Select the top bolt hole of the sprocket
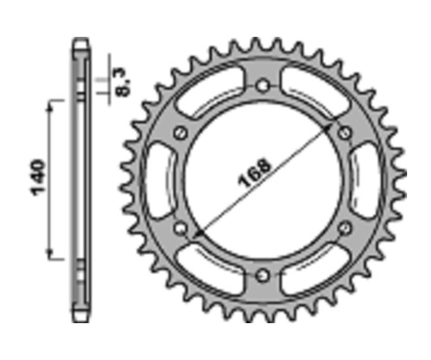(x=262, y=86)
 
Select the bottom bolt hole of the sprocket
(x=262, y=276)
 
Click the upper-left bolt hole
(x=181, y=133)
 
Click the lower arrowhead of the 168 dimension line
(x=197, y=235)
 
